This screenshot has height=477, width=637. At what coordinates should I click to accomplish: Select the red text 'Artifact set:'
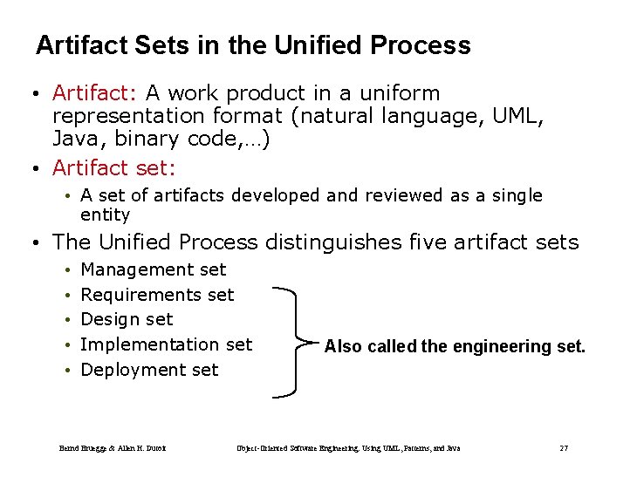pos(114,167)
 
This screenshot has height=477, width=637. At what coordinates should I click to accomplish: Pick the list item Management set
pos(153,270)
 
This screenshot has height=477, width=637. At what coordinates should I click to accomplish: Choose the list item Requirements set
pos(157,295)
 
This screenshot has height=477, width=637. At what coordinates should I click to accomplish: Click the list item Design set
pos(127,320)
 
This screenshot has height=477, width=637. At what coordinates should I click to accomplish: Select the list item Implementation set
pos(166,344)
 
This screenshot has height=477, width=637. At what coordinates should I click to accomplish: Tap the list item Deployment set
pos(149,370)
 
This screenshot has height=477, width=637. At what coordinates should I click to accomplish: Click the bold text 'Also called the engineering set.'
pos(455,347)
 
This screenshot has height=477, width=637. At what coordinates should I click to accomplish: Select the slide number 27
pos(564,448)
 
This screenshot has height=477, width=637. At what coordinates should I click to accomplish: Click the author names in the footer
pos(113,448)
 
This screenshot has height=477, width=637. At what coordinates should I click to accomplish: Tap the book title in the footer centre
pos(348,448)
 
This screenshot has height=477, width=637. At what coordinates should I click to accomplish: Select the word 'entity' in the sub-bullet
pos(105,215)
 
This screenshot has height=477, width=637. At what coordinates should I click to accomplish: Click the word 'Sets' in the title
pos(164,45)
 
